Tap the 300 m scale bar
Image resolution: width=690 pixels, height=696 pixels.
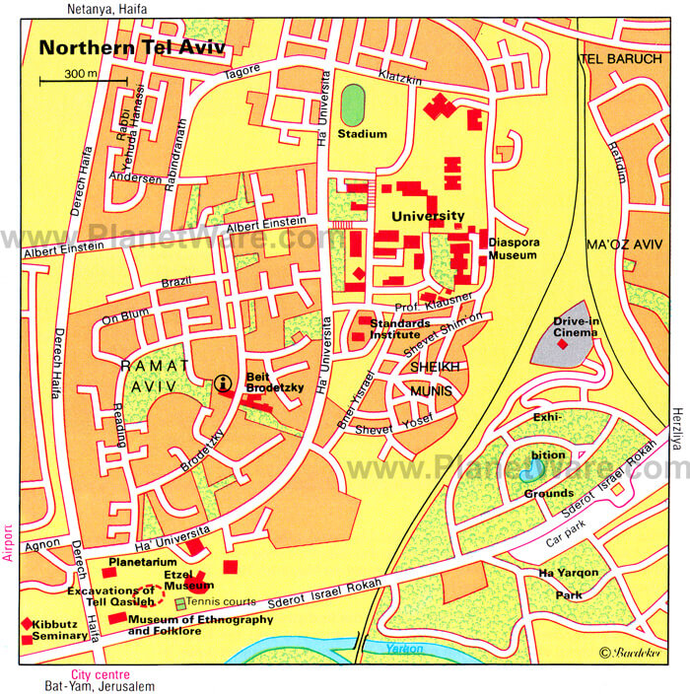point(83,79)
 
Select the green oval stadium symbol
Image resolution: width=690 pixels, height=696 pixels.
point(352,104)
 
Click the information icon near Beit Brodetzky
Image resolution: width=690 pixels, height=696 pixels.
point(224,383)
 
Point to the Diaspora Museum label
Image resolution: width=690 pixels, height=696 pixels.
point(513,247)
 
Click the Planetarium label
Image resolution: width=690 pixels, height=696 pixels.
point(142,562)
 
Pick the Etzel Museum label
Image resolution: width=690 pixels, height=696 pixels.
point(189,580)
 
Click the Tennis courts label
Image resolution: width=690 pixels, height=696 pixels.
point(222,601)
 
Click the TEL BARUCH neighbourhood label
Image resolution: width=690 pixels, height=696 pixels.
point(618,58)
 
